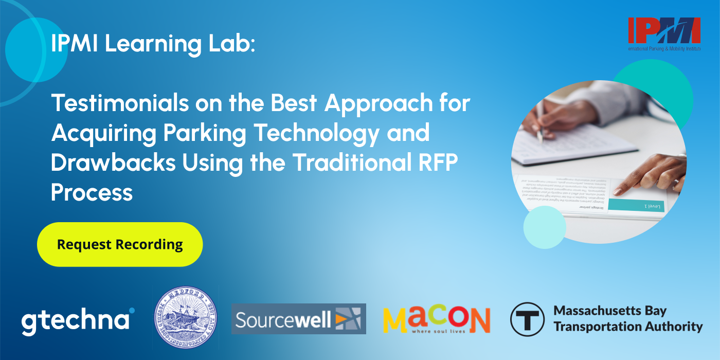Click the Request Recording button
[120, 244]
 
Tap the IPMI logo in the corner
[663, 32]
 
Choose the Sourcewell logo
[298, 319]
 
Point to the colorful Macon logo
[436, 319]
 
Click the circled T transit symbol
[527, 319]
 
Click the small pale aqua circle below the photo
[544, 227]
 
